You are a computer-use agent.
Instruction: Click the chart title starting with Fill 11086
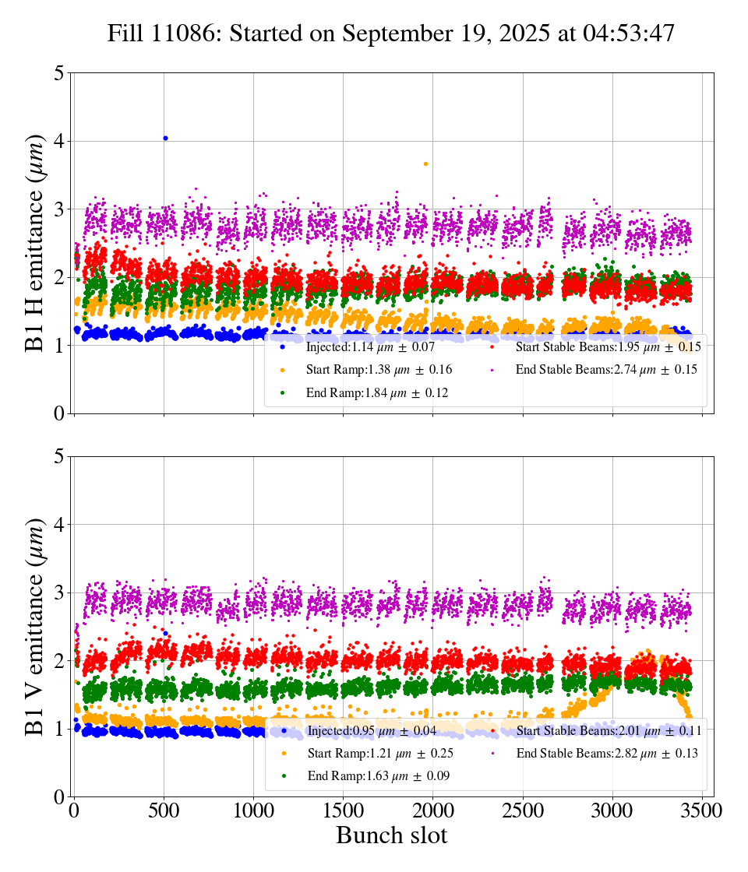390,33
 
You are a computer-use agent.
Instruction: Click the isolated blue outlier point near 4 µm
165,138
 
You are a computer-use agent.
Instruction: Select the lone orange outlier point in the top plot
425,163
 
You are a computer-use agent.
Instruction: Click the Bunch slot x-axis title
392,835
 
